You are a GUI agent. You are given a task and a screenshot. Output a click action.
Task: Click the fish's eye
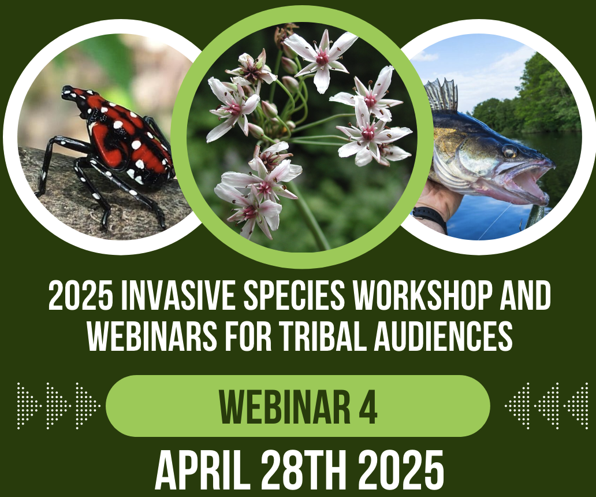point(509,151)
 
